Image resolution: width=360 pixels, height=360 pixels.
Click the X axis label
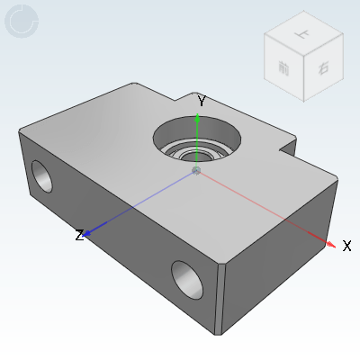tap(346, 245)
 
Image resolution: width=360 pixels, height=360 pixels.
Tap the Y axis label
tap(202, 102)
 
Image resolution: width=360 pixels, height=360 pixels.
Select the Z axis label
tap(79, 235)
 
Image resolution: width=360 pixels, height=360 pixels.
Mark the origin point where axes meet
tap(197, 170)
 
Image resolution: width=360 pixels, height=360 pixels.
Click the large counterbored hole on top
tap(197, 139)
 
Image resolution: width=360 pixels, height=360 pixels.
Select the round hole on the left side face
tap(41, 176)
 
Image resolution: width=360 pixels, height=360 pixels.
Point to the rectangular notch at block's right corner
tap(288, 145)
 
